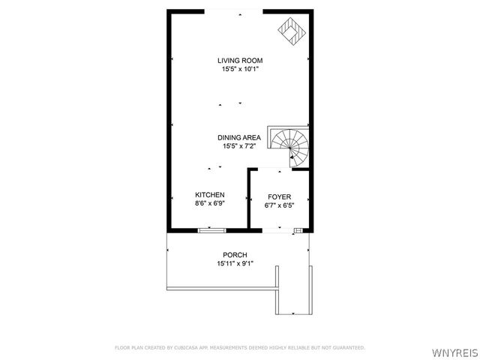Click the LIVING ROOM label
(x=240, y=61)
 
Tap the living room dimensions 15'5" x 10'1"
(x=240, y=69)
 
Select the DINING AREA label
(x=239, y=137)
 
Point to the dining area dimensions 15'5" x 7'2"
(x=239, y=146)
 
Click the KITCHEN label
(x=210, y=194)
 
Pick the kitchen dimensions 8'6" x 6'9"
(x=210, y=203)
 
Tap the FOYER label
(x=279, y=196)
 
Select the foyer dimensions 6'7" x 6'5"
(x=279, y=205)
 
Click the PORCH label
(x=235, y=255)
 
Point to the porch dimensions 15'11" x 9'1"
(x=235, y=264)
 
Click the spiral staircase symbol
(x=290, y=145)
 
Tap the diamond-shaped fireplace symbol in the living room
(x=290, y=32)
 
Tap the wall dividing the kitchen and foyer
(x=249, y=199)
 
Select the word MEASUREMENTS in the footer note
(x=237, y=347)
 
